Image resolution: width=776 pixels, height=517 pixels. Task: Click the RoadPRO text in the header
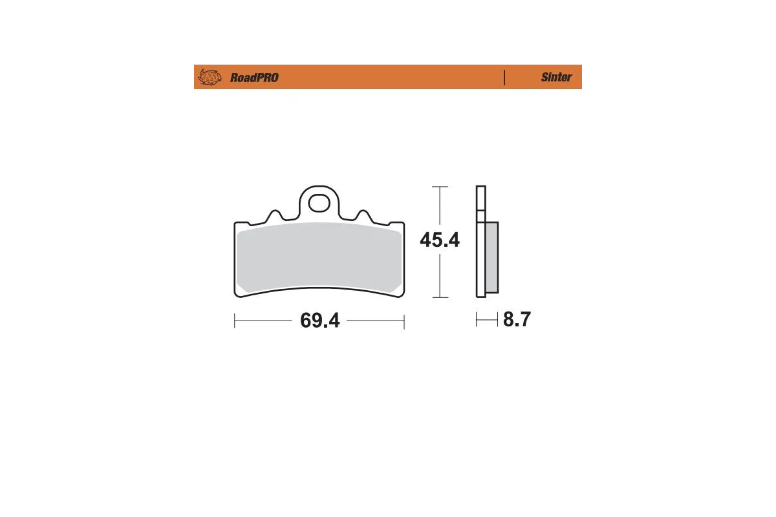pyautogui.click(x=254, y=78)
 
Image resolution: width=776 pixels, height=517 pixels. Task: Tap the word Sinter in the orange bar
pyautogui.click(x=556, y=77)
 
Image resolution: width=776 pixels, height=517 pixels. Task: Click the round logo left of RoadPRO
pyautogui.click(x=209, y=77)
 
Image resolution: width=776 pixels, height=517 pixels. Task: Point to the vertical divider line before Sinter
pyautogui.click(x=504, y=77)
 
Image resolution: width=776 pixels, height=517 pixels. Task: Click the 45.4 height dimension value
pyautogui.click(x=440, y=240)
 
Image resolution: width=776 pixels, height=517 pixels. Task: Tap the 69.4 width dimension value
pyautogui.click(x=319, y=321)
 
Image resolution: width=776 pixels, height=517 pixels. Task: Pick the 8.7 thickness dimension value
pyautogui.click(x=517, y=319)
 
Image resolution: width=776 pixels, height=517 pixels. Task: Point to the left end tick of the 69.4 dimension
pyautogui.click(x=235, y=321)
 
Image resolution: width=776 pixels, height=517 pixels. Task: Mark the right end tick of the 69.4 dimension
pyautogui.click(x=404, y=321)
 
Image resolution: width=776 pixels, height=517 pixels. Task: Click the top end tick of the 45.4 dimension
pyautogui.click(x=440, y=187)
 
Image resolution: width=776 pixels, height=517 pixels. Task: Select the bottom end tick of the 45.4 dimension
pyautogui.click(x=440, y=297)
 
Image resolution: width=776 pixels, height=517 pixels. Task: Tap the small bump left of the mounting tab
pyautogui.click(x=274, y=214)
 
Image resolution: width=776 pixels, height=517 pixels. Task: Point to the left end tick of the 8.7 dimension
pyautogui.click(x=477, y=319)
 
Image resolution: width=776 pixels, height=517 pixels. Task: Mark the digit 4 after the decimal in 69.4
pyautogui.click(x=333, y=321)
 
